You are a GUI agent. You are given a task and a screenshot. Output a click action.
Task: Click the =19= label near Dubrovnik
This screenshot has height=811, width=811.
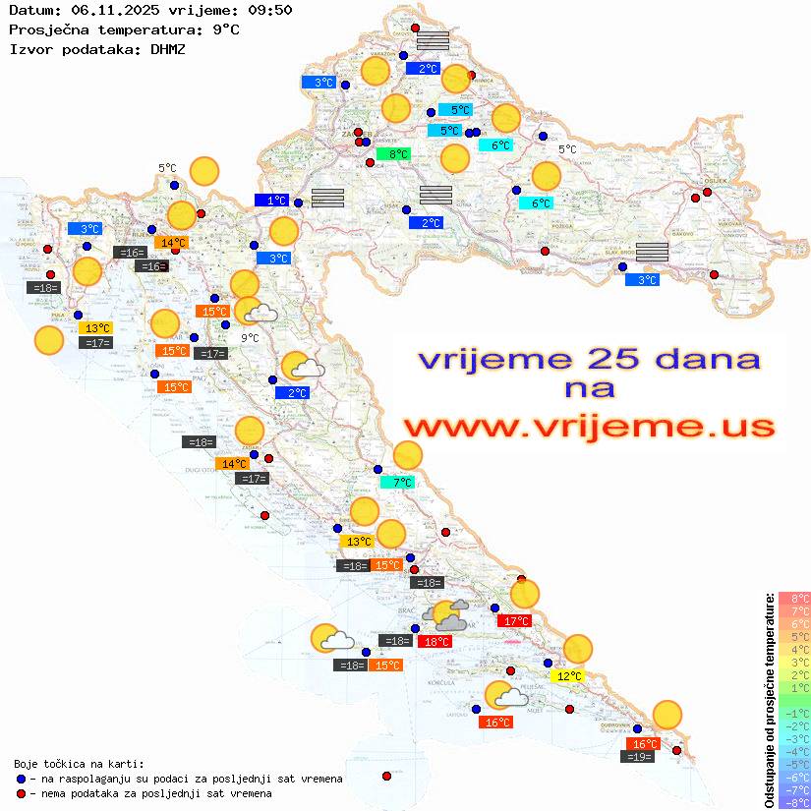point(639,757)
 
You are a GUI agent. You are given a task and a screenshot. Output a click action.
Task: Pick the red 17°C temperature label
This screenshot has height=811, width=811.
point(515,621)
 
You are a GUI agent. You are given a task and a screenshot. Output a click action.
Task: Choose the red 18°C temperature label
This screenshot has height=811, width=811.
point(434,642)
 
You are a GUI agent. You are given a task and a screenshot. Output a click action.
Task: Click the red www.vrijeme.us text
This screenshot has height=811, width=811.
point(588,427)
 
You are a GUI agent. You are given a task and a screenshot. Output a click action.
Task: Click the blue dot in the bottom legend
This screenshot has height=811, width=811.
point(22,779)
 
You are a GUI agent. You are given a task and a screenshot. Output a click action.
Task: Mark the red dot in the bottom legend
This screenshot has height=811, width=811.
point(22,793)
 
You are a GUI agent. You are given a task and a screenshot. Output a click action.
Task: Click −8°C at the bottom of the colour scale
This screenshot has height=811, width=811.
point(794,803)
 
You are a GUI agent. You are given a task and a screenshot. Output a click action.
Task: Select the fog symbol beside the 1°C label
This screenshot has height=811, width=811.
point(327,198)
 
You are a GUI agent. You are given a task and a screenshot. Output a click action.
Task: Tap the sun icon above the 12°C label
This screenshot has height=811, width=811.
point(578,649)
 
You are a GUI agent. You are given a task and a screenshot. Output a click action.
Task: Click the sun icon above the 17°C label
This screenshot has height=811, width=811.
point(525,594)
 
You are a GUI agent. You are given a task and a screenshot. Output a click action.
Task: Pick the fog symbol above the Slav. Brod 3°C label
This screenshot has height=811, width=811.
point(652,252)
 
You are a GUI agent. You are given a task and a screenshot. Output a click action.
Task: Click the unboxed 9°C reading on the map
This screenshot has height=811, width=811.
point(250,338)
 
